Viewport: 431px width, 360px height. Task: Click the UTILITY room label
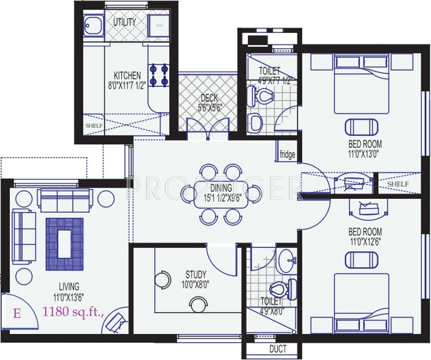(124, 23)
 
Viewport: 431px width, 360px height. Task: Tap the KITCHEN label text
(127, 75)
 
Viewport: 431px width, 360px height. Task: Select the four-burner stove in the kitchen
(159, 75)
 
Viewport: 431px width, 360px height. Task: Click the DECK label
(208, 98)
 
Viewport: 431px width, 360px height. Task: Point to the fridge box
(287, 155)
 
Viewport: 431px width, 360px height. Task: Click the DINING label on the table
(221, 188)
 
